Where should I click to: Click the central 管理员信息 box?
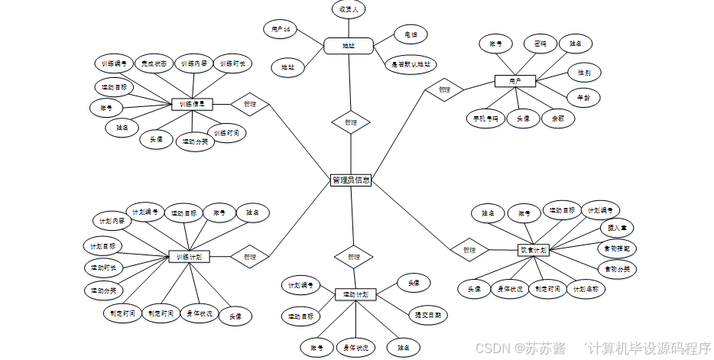tap(351, 180)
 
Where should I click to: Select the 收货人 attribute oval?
tap(349, 10)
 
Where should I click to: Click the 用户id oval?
tap(280, 30)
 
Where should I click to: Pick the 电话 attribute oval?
tap(411, 34)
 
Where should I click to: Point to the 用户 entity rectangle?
tap(514, 80)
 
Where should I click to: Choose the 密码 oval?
tap(540, 44)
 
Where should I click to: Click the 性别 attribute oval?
tap(583, 73)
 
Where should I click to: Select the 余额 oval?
tap(557, 118)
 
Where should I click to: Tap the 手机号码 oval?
tap(485, 118)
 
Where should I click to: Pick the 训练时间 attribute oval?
tap(227, 133)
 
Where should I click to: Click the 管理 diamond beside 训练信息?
tap(250, 104)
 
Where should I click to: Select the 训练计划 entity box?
tap(189, 257)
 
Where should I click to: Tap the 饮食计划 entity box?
tap(534, 249)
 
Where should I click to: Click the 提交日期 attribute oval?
tap(427, 314)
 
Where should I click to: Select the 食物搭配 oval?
tap(616, 248)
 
